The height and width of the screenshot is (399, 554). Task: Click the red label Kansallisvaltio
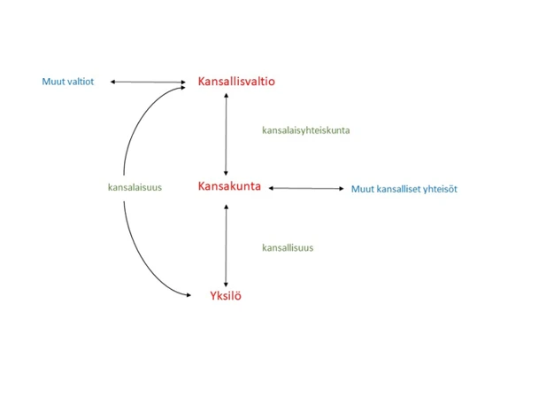coord(236,81)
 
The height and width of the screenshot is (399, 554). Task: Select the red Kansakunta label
coord(229,186)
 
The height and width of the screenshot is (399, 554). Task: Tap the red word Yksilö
coord(226,295)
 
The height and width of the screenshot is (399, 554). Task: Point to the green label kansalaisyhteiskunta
coord(306,130)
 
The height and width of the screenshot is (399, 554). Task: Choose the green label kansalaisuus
coord(135,187)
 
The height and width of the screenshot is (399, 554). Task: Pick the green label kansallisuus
coord(288,247)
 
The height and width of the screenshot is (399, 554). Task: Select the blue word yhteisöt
coord(440,189)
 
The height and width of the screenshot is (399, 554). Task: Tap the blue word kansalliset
coord(398,189)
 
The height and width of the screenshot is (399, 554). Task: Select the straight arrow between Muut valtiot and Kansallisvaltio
coord(148,82)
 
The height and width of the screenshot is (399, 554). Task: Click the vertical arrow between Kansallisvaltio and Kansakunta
coord(227,134)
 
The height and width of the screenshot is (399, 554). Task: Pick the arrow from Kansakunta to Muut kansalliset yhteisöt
coord(306,188)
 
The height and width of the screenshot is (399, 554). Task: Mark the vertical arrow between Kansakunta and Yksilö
coord(227,246)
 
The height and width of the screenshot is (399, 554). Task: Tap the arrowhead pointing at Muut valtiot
coord(112,82)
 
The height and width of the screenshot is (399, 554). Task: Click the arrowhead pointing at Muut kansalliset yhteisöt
coord(342,188)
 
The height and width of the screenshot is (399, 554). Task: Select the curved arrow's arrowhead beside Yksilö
coord(189,295)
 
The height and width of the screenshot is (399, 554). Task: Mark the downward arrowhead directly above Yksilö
coord(227,285)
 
